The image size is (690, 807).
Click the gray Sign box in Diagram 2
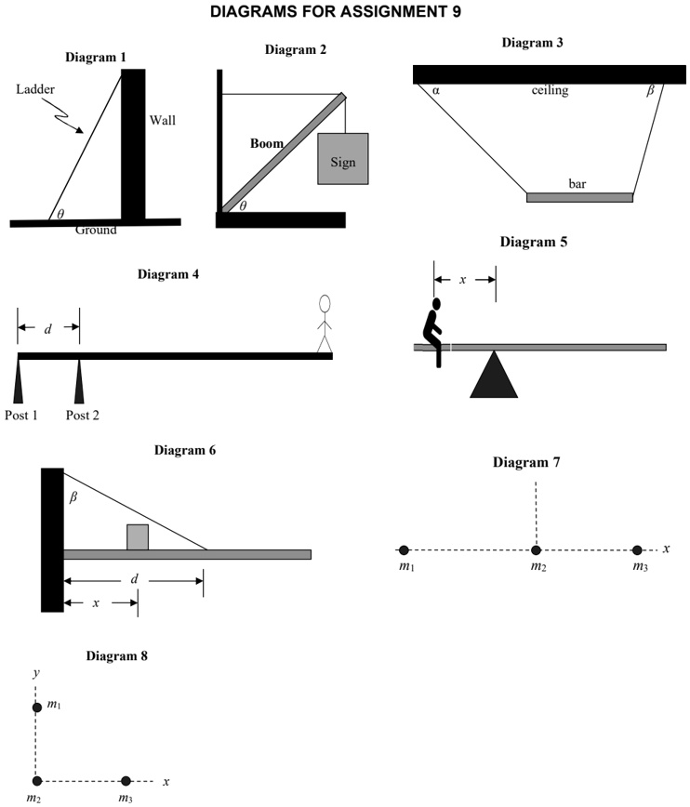click(343, 160)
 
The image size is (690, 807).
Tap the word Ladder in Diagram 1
click(35, 90)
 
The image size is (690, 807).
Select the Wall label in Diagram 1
click(163, 120)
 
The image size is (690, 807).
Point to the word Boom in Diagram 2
click(266, 144)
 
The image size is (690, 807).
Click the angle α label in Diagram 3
click(435, 90)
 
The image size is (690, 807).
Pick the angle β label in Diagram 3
click(650, 90)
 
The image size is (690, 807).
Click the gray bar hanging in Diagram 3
click(579, 197)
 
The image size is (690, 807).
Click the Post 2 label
click(82, 415)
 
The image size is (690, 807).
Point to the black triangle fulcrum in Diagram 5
click(494, 375)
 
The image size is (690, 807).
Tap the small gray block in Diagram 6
click(138, 537)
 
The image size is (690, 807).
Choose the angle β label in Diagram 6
click(73, 497)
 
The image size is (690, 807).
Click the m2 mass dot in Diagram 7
click(536, 549)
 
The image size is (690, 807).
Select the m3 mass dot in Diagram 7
click(637, 549)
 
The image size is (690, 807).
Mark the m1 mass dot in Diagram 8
click(37, 707)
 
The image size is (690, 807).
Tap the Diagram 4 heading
click(168, 274)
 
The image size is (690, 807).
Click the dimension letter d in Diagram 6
click(134, 579)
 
